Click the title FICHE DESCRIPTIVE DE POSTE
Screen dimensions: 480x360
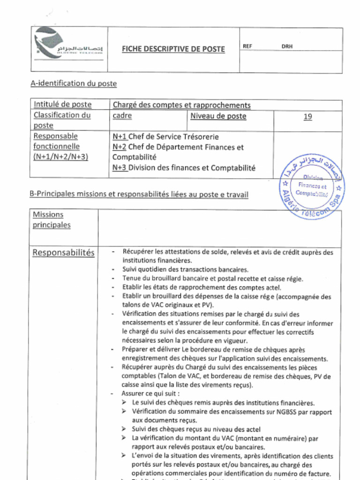173,49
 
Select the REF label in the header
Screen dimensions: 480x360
247,46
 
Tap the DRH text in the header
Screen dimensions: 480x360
287,46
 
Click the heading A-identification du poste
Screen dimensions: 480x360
74,83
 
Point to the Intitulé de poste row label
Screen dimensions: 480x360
62,105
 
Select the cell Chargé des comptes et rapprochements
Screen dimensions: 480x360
181,105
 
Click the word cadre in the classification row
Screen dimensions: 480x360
122,116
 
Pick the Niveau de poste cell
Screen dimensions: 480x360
218,116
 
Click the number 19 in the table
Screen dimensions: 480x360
307,117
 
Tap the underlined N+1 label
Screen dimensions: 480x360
120,137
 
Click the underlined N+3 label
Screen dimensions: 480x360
120,168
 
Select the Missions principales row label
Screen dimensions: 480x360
52,220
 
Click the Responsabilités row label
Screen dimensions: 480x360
63,253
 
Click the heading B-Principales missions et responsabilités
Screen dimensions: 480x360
139,194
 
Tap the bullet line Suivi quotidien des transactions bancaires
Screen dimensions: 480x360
185,270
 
